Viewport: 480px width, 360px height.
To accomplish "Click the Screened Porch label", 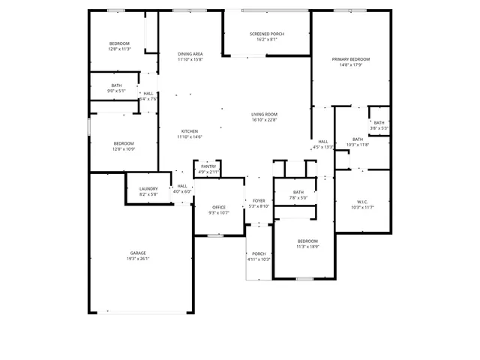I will [x=266, y=34].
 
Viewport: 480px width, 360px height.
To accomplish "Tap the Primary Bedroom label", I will [x=351, y=58].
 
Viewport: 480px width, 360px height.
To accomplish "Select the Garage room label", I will [x=138, y=253].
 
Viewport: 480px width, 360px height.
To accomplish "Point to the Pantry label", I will [x=208, y=166].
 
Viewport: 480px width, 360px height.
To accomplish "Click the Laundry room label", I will [x=148, y=188].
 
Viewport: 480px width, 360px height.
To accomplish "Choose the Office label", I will [x=219, y=207].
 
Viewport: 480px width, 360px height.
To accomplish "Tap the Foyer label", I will [x=259, y=200].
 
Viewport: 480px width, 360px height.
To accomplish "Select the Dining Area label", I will [x=190, y=54].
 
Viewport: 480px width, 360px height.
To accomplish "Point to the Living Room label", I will [x=264, y=114].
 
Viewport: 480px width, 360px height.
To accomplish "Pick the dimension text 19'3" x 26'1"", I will [x=138, y=259].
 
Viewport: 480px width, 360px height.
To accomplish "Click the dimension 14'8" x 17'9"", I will [x=351, y=64].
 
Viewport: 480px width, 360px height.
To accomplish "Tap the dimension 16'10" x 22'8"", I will [x=264, y=120].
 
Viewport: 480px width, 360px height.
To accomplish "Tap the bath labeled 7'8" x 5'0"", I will [x=298, y=196].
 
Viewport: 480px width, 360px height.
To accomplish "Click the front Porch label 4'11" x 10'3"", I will [x=259, y=256].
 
